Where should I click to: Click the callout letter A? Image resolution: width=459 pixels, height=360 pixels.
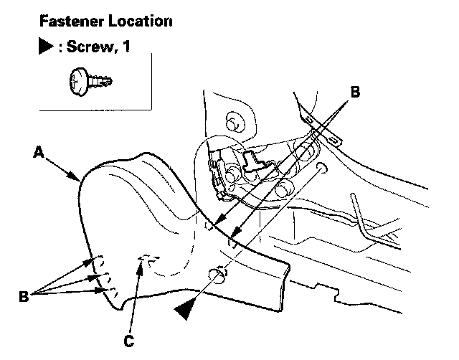[39, 151]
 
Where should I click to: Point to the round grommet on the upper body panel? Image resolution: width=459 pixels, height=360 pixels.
[232, 120]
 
